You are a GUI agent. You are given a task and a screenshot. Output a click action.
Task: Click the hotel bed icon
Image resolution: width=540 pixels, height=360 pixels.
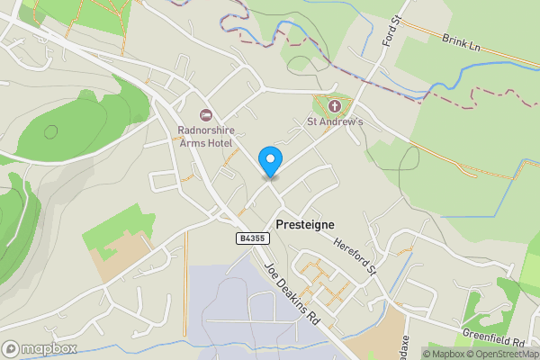coord(205,114)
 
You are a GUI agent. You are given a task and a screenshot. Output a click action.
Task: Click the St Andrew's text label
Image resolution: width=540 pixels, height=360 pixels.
coord(335,121)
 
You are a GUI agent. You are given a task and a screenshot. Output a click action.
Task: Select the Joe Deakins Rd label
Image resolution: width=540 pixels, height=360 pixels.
coord(292,292)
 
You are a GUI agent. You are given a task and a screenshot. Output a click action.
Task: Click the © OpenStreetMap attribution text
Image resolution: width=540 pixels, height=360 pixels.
coord(504,354)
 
